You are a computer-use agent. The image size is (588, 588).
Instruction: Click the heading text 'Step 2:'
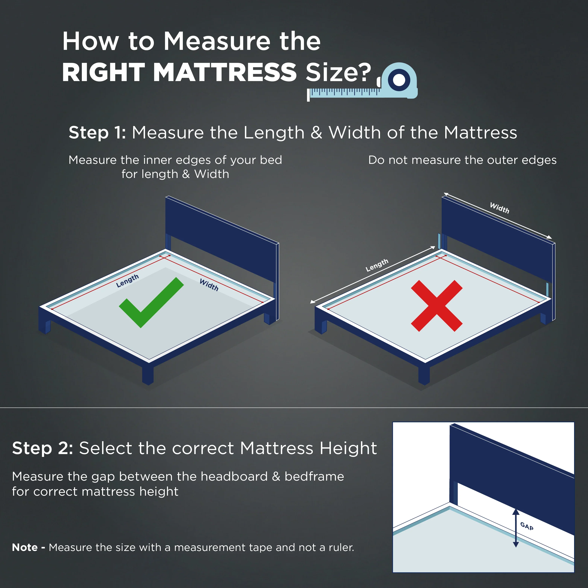[x=43, y=448]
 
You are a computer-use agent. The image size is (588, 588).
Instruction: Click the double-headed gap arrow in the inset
[x=516, y=528]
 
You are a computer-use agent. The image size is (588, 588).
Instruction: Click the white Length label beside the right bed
[x=377, y=265]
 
